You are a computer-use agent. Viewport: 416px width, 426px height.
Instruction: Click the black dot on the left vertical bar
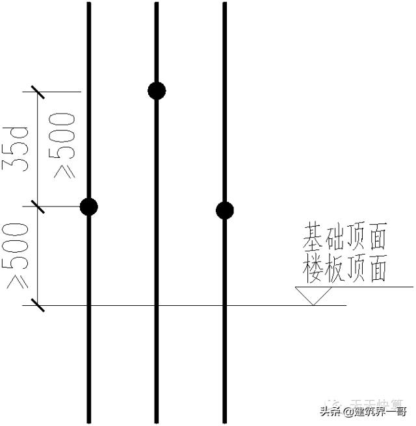pos(89,207)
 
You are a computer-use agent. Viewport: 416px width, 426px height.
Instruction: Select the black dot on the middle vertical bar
pos(157,91)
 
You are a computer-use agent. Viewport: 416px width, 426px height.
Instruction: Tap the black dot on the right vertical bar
pos(225,210)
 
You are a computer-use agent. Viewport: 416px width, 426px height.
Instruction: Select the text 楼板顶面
pos(344,269)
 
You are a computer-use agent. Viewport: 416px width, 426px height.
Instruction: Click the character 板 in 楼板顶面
pos(334,269)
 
